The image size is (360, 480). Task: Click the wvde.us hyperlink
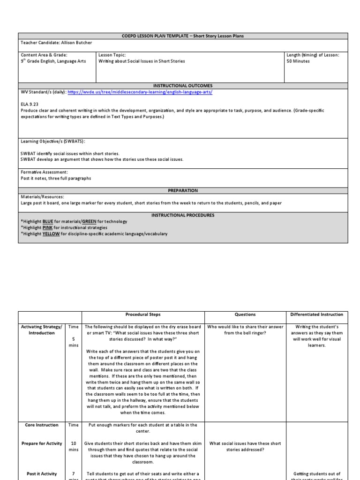(x=140, y=92)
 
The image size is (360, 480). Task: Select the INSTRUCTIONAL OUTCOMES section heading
(x=183, y=86)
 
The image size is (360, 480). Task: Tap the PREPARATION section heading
(x=183, y=191)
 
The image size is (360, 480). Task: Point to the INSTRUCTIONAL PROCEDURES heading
(x=183, y=215)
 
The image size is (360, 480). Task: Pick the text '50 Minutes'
(x=298, y=61)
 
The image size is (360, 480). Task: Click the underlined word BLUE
(x=48, y=221)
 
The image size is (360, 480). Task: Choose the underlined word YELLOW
(x=51, y=233)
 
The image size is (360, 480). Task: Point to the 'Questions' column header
(x=245, y=315)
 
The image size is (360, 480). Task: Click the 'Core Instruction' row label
(x=42, y=425)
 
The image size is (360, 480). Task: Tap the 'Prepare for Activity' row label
(x=42, y=443)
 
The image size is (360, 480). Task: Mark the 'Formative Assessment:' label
(x=45, y=172)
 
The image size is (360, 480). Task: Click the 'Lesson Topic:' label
(x=112, y=55)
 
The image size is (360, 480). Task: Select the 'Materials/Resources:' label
(x=43, y=197)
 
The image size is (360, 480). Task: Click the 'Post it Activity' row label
(x=42, y=474)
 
